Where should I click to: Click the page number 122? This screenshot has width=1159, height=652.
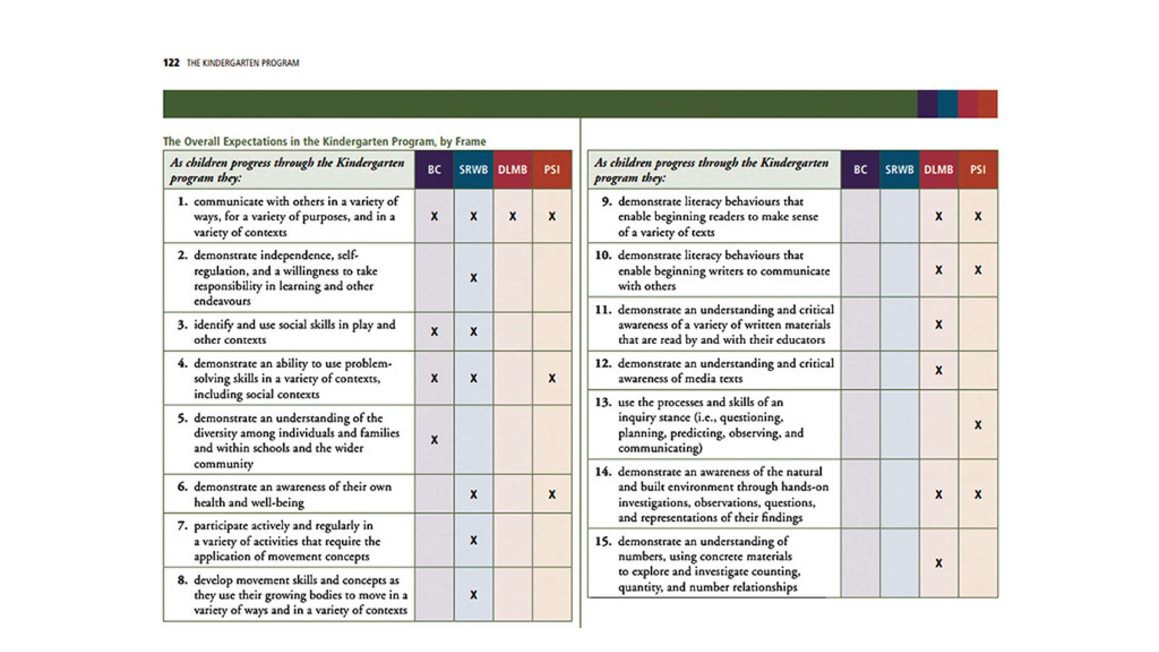171,63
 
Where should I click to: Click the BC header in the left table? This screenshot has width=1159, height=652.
434,170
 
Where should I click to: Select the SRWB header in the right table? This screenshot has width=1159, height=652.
899,170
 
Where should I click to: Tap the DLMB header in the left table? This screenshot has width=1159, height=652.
512,170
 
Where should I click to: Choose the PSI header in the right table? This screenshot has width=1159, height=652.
978,170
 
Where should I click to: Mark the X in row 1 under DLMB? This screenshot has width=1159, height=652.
512,216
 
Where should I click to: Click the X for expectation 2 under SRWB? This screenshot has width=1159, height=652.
473,278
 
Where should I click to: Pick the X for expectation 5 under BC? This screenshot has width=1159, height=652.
434,440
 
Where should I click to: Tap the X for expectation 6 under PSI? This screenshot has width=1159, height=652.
551,494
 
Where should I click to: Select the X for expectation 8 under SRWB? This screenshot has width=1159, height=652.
473,595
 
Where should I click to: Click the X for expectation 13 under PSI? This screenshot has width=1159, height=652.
978,425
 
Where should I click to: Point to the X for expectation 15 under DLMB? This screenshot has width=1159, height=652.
938,563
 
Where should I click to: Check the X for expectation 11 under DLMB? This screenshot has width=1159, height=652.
938,325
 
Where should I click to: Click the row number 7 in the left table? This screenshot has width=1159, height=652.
182,525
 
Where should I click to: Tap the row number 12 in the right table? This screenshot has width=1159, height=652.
603,363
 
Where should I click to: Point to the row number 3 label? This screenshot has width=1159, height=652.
182,325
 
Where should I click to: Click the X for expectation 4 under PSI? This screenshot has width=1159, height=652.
551,378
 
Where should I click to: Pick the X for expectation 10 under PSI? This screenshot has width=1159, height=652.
978,270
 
